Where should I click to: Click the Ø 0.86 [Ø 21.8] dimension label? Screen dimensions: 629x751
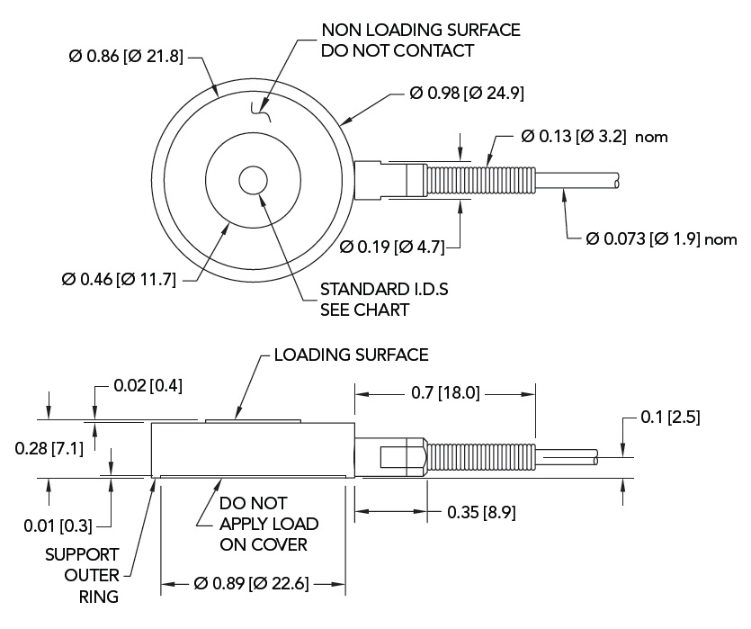pos(126,57)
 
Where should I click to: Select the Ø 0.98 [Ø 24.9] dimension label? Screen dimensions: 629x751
pos(467,92)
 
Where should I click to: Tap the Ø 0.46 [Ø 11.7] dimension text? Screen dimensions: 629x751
pos(119,280)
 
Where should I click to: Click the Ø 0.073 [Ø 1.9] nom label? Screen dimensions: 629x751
pos(661,239)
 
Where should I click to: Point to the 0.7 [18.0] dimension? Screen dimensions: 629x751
pos(447,392)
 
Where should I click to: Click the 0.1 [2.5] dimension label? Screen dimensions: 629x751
pos(670,418)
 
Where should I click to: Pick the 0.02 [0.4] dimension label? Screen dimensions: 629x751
pos(148,386)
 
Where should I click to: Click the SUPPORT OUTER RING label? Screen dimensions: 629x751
pos(82,574)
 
